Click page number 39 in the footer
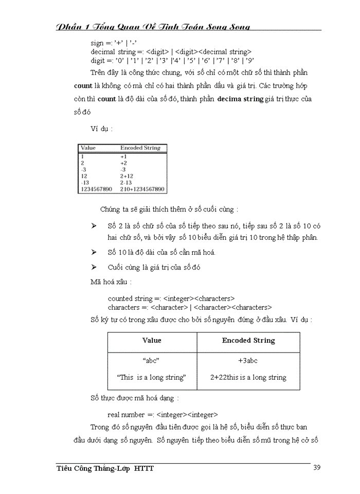point(318,468)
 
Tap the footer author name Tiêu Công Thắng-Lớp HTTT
point(105,468)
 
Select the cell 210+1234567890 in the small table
point(142,189)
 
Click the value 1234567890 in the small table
point(96,189)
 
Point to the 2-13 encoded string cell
point(127,183)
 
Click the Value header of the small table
point(88,148)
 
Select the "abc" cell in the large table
point(152,361)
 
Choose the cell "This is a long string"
point(152,377)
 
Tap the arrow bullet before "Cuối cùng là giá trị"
point(94,268)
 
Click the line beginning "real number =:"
point(163,414)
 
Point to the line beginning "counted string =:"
point(171,298)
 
